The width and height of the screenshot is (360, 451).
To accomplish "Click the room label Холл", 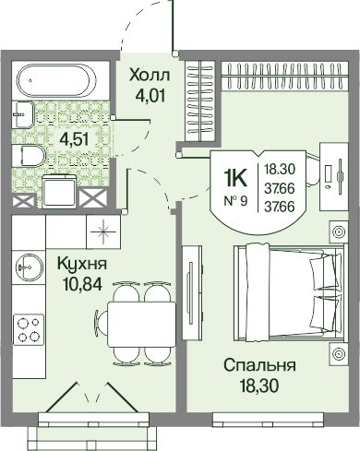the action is point(150,75).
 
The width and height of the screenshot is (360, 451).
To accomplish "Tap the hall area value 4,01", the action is point(150,95).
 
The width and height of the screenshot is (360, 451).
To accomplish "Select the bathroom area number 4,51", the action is point(75,140).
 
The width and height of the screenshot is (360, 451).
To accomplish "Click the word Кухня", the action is point(82,264).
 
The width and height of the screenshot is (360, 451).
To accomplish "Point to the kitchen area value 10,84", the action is point(82,285).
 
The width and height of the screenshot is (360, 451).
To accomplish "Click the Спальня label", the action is point(259,365).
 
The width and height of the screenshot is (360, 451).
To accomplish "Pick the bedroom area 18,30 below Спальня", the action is point(259,386).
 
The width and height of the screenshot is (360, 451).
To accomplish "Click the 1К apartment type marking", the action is point(236,179).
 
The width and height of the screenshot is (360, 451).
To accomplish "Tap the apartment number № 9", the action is point(235,201).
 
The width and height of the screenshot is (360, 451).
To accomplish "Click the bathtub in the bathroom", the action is point(54,79).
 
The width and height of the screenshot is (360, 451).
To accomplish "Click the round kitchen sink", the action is point(29,267).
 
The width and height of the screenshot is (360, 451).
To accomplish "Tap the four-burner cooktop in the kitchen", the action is point(29,329).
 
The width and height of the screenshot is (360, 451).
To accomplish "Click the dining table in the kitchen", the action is point(141,325).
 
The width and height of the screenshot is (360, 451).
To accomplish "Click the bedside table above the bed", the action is point(339,231).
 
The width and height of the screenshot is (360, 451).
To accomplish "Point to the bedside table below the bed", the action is point(339,353).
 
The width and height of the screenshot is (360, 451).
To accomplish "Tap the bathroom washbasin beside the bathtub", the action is point(23,114).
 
